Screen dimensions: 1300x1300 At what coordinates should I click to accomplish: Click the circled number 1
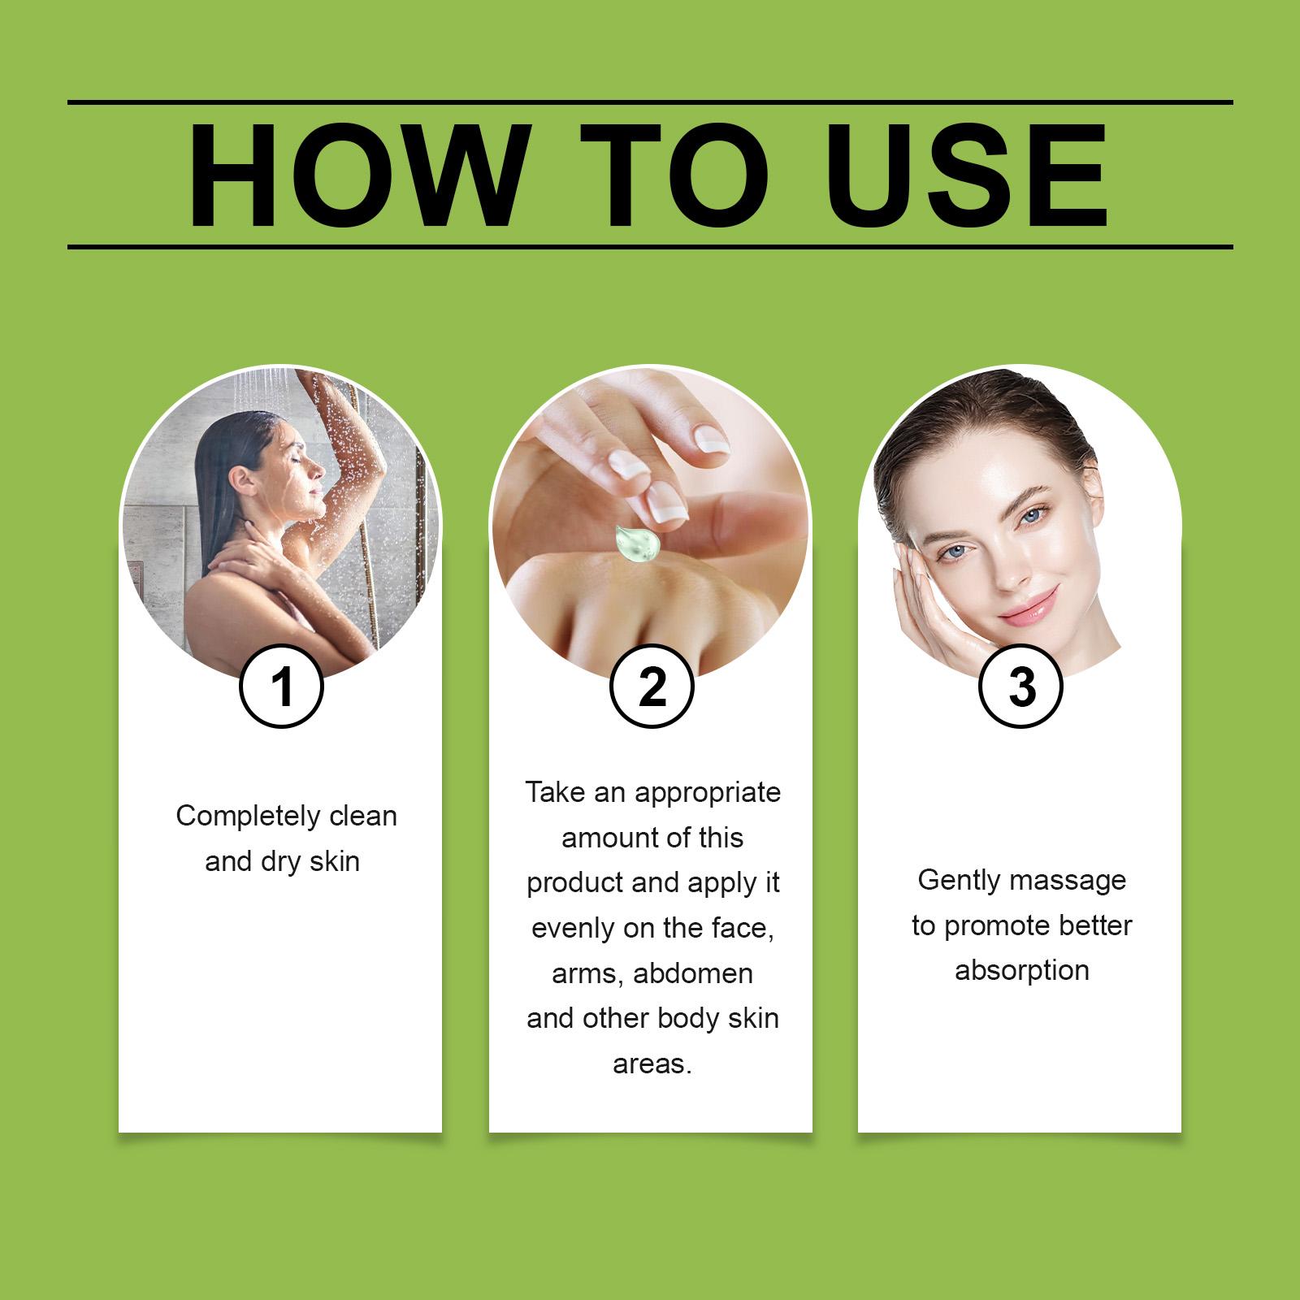click(x=282, y=687)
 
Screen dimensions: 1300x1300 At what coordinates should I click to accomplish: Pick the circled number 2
click(x=652, y=687)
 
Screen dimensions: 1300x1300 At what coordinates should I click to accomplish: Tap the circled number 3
click(x=1021, y=687)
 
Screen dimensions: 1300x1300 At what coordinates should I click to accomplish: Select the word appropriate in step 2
click(x=708, y=793)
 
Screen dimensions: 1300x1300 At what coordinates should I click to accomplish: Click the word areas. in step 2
click(x=652, y=1064)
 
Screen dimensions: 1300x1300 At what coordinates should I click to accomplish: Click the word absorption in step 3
click(x=1021, y=971)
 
